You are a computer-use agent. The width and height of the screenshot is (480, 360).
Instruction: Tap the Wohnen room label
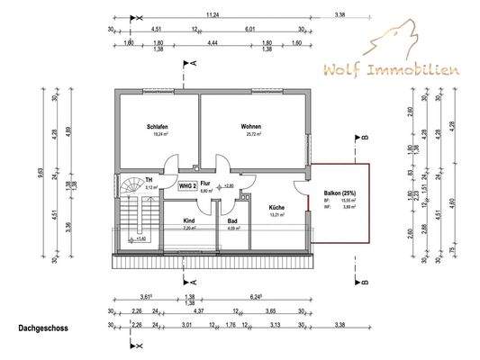pos(250,126)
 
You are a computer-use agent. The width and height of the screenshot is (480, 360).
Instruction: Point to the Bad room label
pos(231,220)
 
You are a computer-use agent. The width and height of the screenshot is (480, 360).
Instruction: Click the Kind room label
pos(189,220)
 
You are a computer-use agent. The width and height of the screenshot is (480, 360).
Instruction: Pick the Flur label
pos(204,183)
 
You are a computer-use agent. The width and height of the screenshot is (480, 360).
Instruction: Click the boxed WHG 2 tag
pos(187,185)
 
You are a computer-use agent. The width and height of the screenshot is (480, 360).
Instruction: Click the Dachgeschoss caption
pos(42,329)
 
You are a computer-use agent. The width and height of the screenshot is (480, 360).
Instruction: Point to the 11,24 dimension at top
pos(213,14)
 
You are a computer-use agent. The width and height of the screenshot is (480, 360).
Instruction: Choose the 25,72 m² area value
pos(251,135)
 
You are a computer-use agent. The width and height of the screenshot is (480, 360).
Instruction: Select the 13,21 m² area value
pos(277,216)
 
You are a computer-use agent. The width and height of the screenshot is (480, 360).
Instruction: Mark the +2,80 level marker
pos(228,185)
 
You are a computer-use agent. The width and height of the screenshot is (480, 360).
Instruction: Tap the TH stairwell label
pos(149,179)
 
